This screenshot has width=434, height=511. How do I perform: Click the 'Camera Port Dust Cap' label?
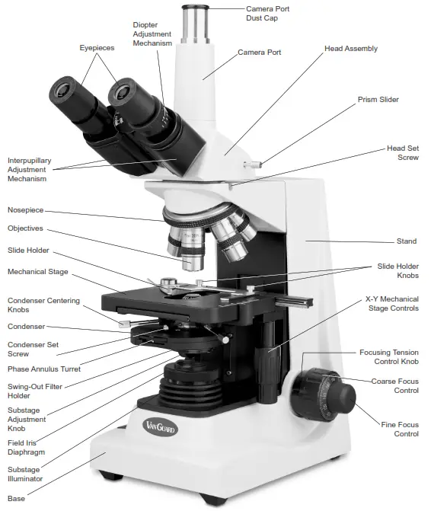267,14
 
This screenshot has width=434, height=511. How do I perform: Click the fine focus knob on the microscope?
343,394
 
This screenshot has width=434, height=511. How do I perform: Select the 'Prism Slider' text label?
378,99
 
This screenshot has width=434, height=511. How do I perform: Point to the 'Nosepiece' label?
26,209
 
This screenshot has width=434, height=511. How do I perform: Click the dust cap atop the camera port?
195,16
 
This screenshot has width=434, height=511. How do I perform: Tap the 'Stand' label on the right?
407,241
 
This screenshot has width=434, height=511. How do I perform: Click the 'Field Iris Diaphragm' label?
26,446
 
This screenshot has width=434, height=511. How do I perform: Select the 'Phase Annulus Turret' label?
43,369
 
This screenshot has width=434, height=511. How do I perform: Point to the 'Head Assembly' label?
350,49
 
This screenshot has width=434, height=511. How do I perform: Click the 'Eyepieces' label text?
97,48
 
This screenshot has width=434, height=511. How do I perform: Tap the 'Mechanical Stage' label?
37,271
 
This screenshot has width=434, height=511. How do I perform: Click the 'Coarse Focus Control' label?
394,385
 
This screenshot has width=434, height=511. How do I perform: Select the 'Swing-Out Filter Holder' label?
35,391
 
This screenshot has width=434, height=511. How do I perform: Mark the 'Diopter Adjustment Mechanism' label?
152,34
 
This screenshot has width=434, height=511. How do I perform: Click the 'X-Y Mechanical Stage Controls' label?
391,304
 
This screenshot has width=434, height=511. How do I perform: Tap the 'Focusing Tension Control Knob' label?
388,357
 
